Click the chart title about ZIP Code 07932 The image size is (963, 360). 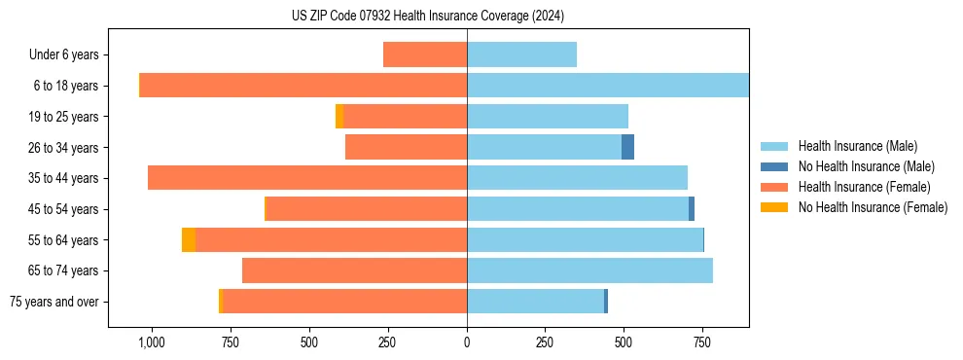click(428, 16)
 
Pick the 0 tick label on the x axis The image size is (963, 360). click(467, 342)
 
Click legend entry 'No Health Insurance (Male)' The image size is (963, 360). click(866, 166)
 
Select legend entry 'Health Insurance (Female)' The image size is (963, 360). click(864, 187)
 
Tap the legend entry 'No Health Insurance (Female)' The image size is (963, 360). click(873, 207)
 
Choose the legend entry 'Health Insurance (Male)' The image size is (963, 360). click(857, 146)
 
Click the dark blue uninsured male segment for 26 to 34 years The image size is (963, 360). click(627, 147)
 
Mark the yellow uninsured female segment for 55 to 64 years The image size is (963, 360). click(189, 239)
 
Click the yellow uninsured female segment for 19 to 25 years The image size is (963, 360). click(339, 116)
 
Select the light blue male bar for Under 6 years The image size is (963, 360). click(521, 54)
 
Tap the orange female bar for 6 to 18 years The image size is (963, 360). click(303, 86)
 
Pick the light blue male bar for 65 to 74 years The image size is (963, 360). click(589, 270)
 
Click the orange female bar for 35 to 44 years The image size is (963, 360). click(307, 178)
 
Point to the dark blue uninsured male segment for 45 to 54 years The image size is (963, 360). click(692, 208)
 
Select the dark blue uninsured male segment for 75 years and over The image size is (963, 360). click(606, 302)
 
